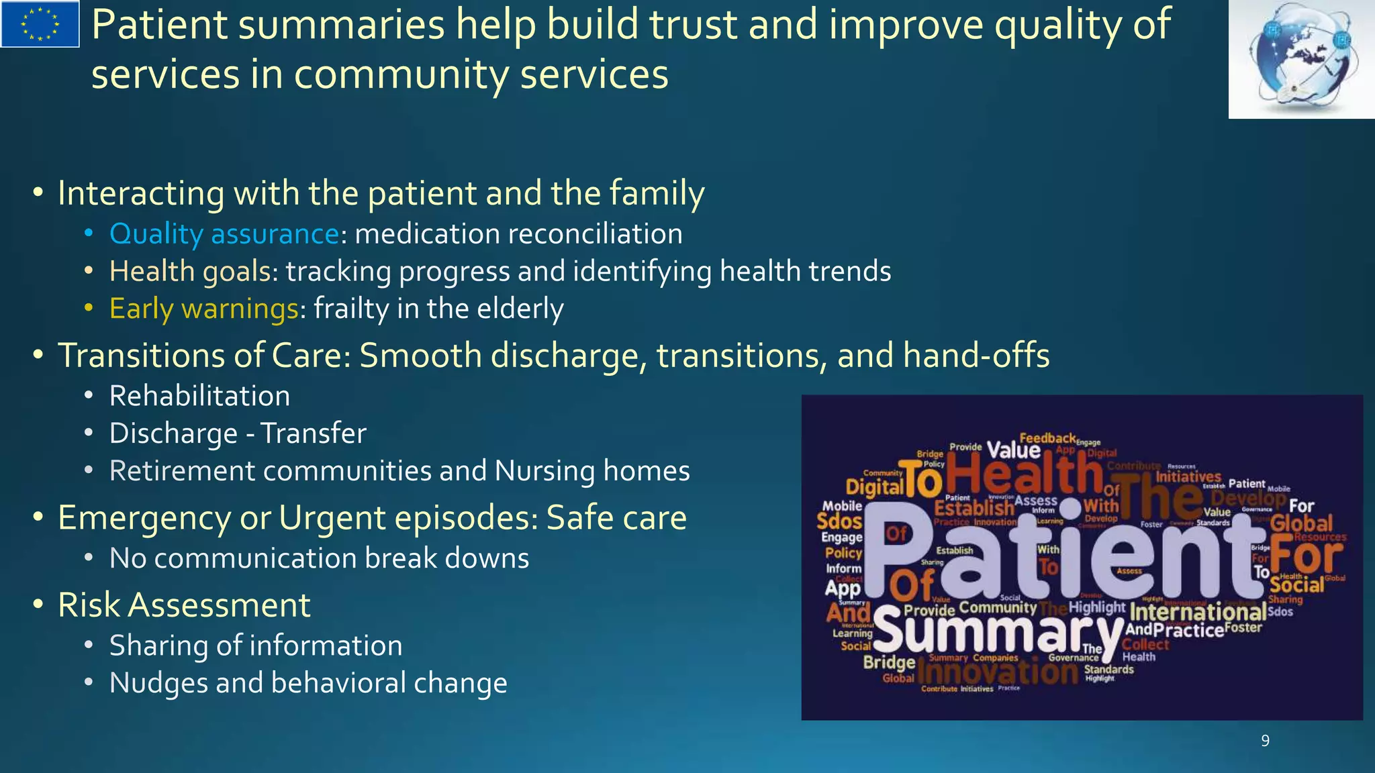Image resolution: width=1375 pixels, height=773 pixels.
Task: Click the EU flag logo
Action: (40, 24)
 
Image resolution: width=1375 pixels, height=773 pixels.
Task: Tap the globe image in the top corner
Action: (1301, 59)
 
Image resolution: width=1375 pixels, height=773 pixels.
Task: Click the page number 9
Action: (1265, 741)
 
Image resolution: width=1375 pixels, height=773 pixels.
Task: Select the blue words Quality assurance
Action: (224, 234)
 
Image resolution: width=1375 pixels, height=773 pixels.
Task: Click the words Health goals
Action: (190, 272)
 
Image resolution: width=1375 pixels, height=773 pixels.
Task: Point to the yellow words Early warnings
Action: (203, 309)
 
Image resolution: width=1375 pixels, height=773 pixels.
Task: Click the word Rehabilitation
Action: (199, 396)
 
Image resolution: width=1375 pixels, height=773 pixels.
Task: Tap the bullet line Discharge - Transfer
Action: (238, 433)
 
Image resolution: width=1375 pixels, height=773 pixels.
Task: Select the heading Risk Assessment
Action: (184, 605)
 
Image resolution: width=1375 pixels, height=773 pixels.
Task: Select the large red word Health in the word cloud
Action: (1024, 473)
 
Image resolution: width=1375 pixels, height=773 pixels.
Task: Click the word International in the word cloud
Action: (1198, 612)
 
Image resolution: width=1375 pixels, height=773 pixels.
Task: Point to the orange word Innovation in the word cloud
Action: (998, 671)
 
